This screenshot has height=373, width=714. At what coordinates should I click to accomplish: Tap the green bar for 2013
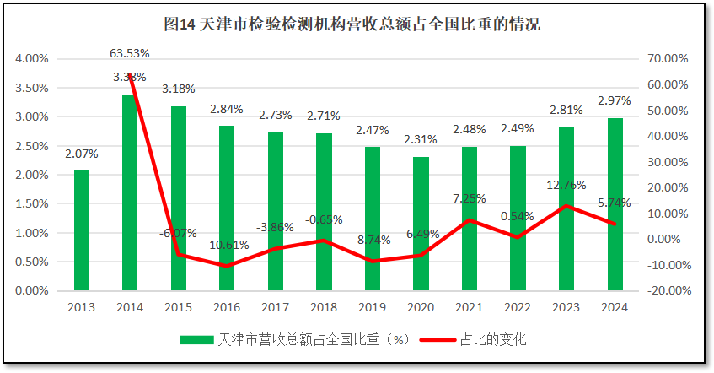[81, 230]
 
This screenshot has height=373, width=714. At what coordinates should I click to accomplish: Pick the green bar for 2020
[421, 224]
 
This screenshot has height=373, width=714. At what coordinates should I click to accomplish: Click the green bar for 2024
[615, 204]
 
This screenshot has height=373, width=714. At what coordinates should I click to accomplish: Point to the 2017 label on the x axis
[276, 307]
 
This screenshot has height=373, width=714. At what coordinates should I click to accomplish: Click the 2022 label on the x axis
[518, 307]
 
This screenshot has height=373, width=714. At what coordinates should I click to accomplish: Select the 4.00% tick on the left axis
[32, 59]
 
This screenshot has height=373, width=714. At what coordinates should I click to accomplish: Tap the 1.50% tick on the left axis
[32, 204]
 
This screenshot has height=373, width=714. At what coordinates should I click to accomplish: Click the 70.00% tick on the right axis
[670, 59]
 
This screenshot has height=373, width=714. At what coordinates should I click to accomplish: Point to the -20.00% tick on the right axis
[668, 290]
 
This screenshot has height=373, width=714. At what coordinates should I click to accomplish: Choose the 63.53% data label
[130, 53]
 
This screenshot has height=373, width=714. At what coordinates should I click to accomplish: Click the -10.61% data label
[226, 246]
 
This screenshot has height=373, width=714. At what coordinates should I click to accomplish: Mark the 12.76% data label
[566, 185]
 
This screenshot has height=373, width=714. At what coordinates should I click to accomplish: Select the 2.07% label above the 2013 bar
[81, 154]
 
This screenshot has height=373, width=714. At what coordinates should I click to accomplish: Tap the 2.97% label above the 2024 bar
[615, 101]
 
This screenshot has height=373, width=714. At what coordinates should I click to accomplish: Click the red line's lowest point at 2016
[227, 266]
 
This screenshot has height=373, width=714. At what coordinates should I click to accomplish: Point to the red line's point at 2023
[566, 206]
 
